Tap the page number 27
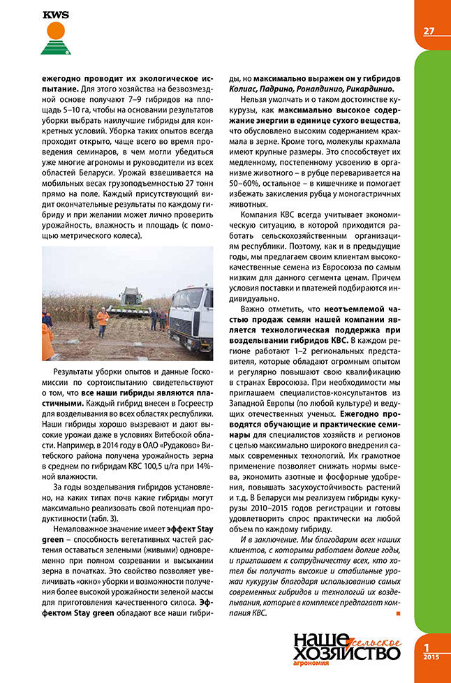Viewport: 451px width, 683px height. [429, 30]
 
